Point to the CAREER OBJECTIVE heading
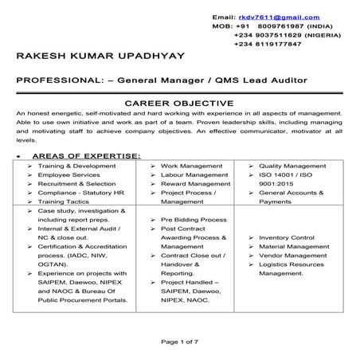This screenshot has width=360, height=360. tap(179, 103)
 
